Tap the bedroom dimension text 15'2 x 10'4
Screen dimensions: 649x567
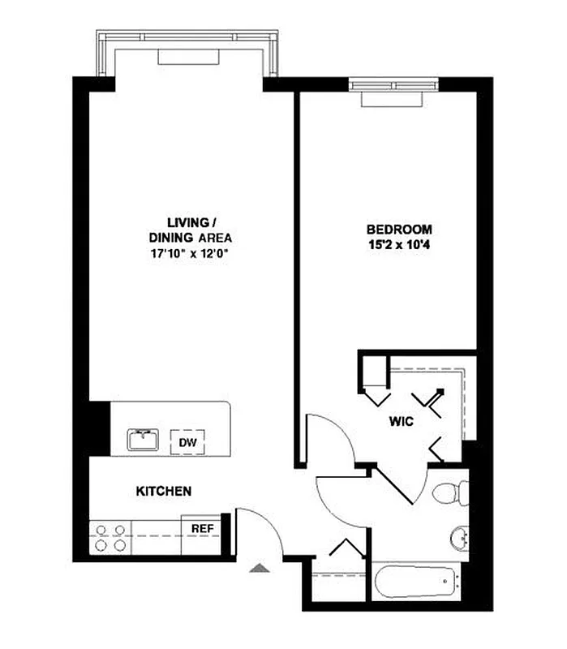click(398, 243)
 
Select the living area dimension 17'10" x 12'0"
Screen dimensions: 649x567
click(187, 253)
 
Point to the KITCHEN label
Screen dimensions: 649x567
click(163, 491)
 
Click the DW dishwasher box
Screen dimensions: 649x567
click(187, 442)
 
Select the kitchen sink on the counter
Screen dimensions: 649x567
click(144, 440)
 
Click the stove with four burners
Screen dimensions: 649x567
click(110, 538)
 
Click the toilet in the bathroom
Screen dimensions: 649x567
click(449, 492)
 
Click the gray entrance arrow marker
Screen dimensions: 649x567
click(259, 567)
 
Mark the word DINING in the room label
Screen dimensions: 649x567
click(170, 238)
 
